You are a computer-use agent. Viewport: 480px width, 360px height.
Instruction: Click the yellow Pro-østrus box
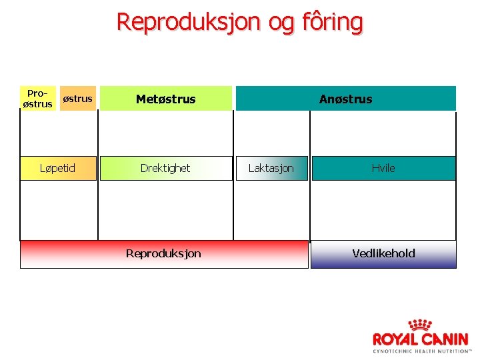click(x=37, y=99)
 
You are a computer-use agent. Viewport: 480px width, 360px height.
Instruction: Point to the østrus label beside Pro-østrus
click(x=77, y=99)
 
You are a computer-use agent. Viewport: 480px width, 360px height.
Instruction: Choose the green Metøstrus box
click(x=166, y=99)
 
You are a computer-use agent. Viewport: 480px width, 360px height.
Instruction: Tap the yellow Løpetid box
click(x=59, y=168)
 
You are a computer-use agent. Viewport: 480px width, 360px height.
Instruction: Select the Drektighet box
click(x=165, y=168)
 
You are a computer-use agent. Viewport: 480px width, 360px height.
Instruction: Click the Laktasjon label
click(x=271, y=168)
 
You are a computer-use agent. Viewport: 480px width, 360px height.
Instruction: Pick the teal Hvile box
click(x=383, y=168)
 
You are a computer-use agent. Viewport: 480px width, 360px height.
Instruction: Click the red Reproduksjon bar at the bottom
click(x=164, y=253)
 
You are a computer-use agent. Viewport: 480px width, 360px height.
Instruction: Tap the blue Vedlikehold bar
click(x=383, y=253)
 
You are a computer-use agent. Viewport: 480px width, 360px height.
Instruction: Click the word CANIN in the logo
click(x=445, y=339)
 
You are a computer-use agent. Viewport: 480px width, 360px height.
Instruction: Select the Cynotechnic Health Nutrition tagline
click(x=422, y=351)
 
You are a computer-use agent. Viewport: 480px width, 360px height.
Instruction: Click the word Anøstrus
click(x=345, y=99)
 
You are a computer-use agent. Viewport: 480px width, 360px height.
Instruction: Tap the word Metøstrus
click(x=166, y=99)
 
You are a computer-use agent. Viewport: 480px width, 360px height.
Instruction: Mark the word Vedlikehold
click(x=383, y=253)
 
